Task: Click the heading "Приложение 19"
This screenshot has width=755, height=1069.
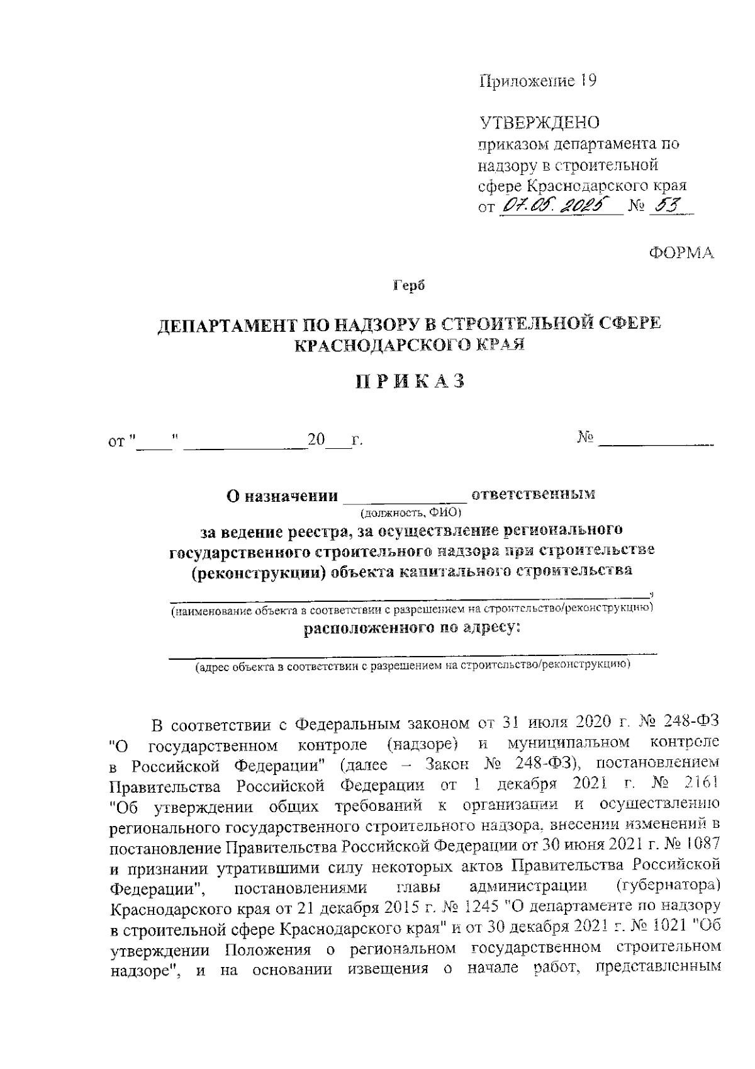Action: click(x=537, y=82)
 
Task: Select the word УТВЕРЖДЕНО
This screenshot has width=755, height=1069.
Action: click(x=540, y=122)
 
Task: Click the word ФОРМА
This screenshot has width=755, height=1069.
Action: click(x=682, y=253)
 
